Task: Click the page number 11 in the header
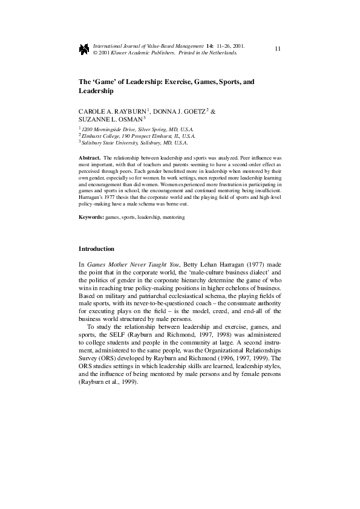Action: point(277,48)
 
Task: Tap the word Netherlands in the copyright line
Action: point(222,53)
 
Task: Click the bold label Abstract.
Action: point(91,157)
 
